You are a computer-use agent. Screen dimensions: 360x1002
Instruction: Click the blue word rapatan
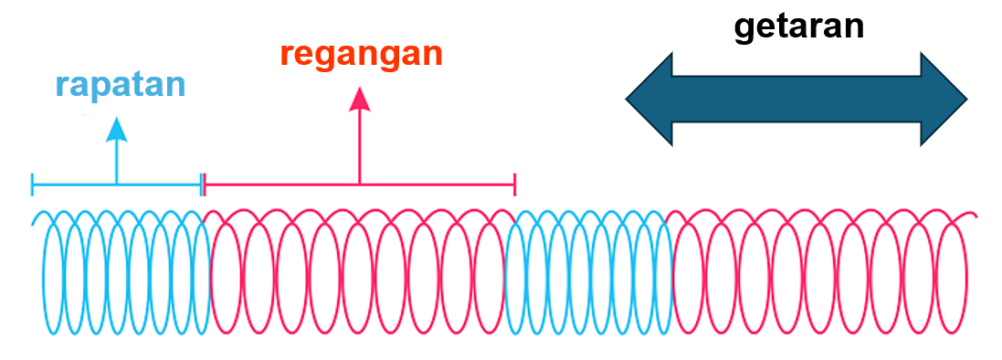click(x=120, y=85)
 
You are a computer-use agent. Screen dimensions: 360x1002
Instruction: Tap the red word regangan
click(x=361, y=54)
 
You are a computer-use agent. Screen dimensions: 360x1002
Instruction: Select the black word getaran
click(x=798, y=26)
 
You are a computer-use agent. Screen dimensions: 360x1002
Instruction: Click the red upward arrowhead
click(x=360, y=98)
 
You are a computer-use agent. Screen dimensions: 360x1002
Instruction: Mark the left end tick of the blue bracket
click(x=33, y=185)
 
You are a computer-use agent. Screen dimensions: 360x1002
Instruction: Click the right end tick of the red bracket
click(x=515, y=185)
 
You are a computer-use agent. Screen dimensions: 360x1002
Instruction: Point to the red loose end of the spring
click(x=975, y=217)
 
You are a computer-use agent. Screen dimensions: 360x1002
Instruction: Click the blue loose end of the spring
click(x=35, y=221)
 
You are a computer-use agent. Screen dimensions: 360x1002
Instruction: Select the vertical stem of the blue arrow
click(x=116, y=163)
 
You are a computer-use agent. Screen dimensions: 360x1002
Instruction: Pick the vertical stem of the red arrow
click(x=360, y=146)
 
